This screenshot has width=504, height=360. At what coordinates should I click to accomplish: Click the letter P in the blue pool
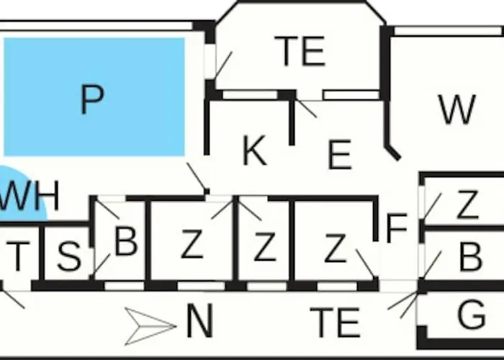click(92, 99)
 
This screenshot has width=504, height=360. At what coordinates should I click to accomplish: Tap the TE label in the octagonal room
click(300, 51)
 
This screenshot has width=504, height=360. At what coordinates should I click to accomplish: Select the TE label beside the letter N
click(335, 323)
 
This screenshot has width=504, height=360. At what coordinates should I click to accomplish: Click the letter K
click(255, 150)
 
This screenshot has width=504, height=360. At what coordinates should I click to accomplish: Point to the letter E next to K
click(340, 155)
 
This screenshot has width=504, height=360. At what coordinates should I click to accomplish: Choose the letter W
click(457, 109)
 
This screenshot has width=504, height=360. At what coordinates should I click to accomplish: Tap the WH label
click(30, 195)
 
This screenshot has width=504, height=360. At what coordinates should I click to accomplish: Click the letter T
click(18, 256)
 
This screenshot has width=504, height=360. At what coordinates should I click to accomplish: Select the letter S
click(69, 256)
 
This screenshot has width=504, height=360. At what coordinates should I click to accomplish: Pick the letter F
click(397, 228)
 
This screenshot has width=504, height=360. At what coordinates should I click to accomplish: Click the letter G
click(471, 315)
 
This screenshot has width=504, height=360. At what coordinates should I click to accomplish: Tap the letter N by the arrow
click(199, 320)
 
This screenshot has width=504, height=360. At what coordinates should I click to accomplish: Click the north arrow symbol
click(150, 326)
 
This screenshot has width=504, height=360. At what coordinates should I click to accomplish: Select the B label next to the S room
click(126, 241)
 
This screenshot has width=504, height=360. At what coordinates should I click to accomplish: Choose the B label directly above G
click(471, 256)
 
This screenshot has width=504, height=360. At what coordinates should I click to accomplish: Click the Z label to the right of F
click(467, 204)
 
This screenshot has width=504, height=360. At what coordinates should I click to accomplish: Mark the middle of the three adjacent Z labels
click(265, 246)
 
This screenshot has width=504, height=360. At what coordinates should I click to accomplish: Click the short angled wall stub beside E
click(393, 153)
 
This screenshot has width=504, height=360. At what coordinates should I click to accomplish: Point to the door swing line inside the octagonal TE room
click(223, 65)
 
